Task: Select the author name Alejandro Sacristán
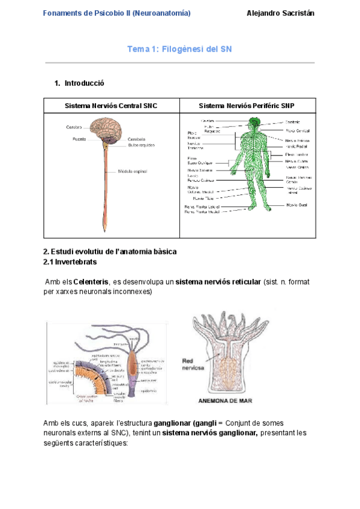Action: click(281, 13)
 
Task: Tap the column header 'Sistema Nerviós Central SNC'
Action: click(111, 106)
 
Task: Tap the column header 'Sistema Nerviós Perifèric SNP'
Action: click(247, 106)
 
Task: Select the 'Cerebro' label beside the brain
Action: click(74, 127)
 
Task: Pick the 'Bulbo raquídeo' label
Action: click(141, 145)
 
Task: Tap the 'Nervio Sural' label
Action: click(296, 204)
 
